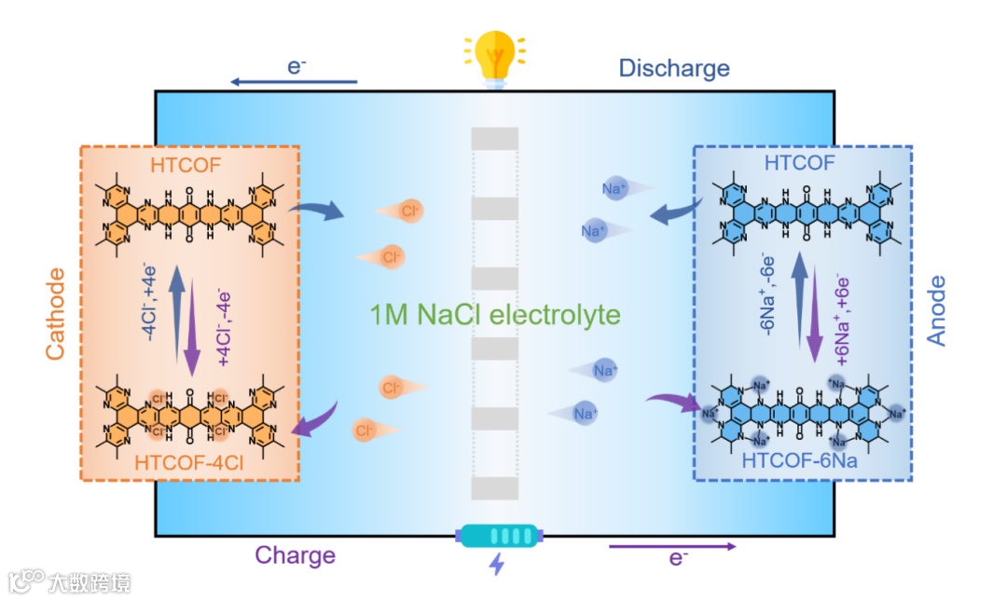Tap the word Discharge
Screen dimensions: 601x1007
[x=674, y=68]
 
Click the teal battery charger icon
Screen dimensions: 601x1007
[x=498, y=536]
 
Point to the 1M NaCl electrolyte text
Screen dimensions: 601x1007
[x=494, y=315]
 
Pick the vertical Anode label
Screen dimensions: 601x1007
[x=936, y=311]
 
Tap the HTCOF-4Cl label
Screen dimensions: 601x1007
[x=190, y=459]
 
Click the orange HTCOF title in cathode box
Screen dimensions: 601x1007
[x=190, y=165]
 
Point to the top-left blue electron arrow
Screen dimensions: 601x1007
[x=293, y=83]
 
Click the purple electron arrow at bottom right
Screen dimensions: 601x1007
[x=672, y=546]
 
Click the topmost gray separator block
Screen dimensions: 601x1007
[x=494, y=138]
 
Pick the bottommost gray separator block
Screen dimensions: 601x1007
[x=494, y=488]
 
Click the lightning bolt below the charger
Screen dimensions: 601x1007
[x=497, y=565]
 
